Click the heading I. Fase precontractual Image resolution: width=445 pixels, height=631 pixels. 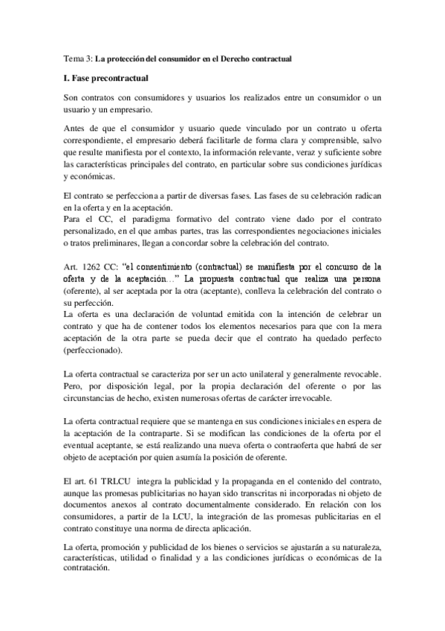click(x=107, y=77)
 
